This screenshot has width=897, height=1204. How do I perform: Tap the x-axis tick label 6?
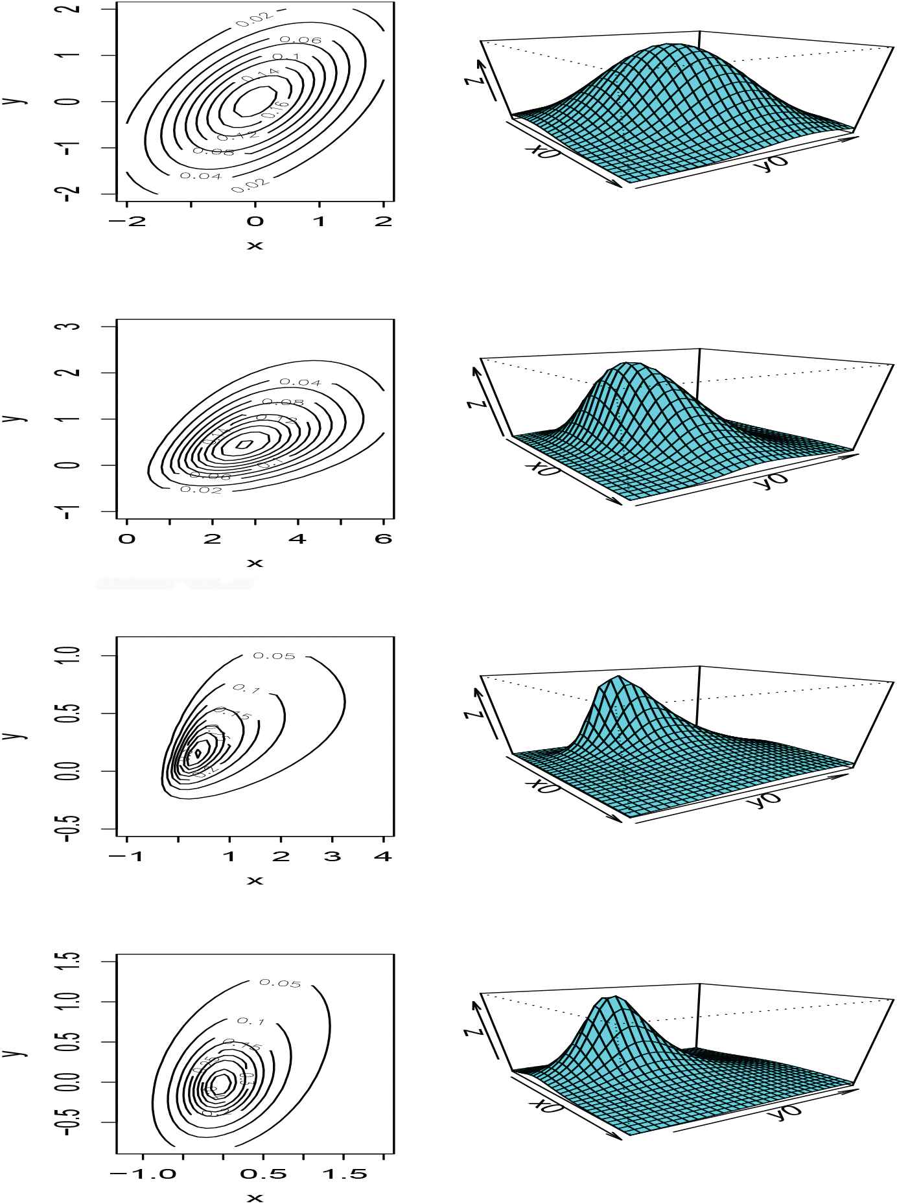pyautogui.click(x=384, y=539)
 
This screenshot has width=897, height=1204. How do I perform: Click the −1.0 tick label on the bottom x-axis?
pyautogui.click(x=143, y=1174)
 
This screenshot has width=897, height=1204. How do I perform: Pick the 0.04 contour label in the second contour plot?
pyautogui.click(x=300, y=382)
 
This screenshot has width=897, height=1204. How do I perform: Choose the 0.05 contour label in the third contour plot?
pyautogui.click(x=274, y=656)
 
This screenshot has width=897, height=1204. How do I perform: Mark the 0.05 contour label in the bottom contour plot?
pyautogui.click(x=280, y=983)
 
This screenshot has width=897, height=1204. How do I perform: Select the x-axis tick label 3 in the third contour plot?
pyautogui.click(x=332, y=857)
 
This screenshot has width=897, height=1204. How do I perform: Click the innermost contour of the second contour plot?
pyautogui.click(x=244, y=445)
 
